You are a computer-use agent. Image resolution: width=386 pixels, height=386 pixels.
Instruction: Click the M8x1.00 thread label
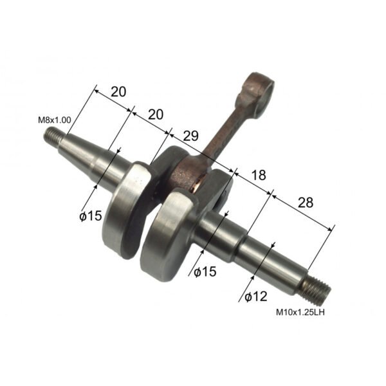pyautogui.click(x=55, y=120)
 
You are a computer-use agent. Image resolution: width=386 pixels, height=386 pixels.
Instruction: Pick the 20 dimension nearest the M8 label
pyautogui.click(x=118, y=92)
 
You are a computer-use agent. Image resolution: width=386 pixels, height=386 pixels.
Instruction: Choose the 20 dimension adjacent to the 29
pyautogui.click(x=156, y=115)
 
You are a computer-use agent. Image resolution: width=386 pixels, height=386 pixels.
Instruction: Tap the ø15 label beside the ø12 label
pyautogui.click(x=204, y=271)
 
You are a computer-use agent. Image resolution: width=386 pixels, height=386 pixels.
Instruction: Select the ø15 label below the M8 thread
pyautogui.click(x=90, y=216)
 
